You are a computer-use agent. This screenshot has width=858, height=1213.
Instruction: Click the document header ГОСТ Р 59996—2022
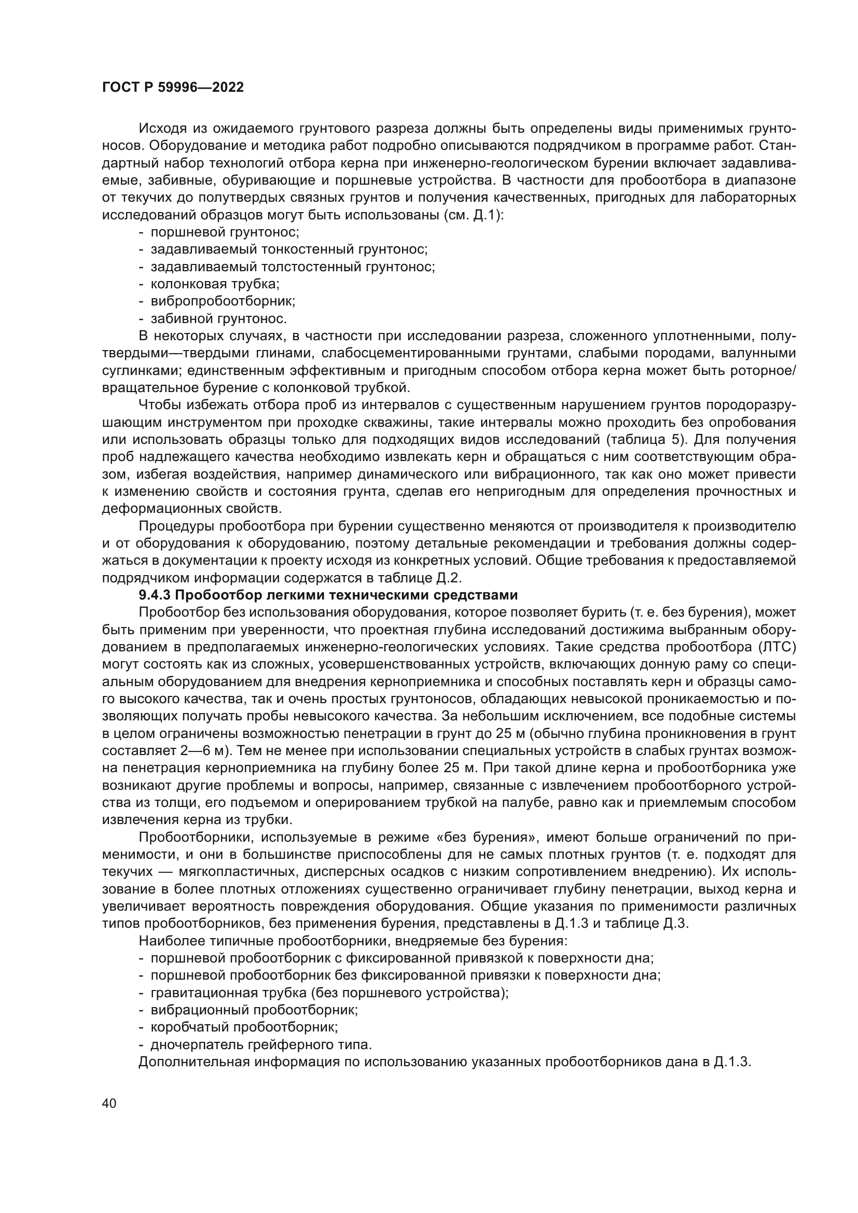point(173,88)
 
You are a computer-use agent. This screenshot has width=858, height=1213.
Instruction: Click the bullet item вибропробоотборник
point(223,301)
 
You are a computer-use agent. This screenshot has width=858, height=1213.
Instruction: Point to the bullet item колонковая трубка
point(215,284)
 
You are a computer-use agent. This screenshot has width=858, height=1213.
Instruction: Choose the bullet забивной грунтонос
point(218,318)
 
